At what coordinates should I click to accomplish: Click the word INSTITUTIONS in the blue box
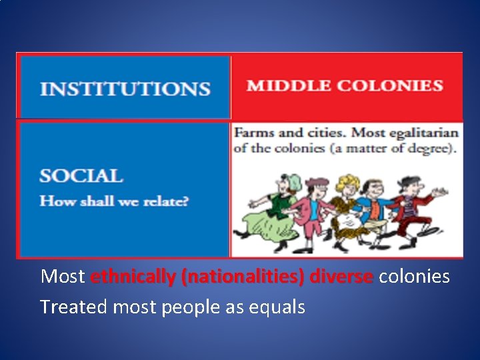125,89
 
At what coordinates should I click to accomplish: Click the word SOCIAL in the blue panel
81,177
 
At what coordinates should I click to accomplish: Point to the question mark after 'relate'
185,201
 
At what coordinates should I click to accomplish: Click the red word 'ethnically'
133,276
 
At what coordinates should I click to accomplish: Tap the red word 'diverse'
342,276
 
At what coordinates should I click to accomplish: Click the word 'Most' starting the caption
63,276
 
